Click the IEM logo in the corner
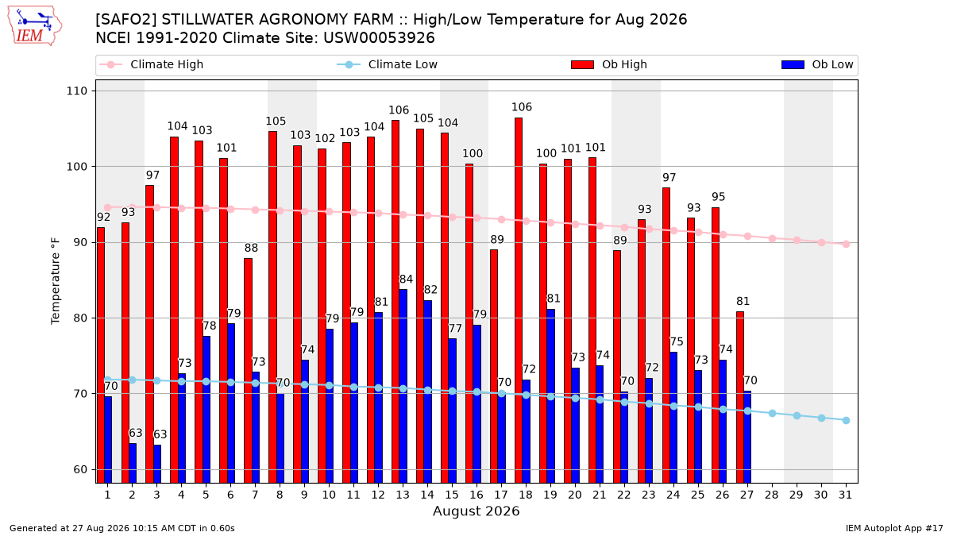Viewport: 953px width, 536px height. (35, 26)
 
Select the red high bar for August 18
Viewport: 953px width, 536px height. (519, 300)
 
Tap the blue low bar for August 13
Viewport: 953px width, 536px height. (403, 386)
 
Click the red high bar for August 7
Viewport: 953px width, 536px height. (248, 371)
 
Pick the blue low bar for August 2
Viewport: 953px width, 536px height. (133, 463)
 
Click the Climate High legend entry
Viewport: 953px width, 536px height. (151, 64)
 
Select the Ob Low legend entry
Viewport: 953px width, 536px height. (817, 64)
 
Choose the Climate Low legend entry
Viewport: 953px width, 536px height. (388, 64)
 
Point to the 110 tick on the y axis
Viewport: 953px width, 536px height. (76, 91)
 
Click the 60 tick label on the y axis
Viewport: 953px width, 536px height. (80, 469)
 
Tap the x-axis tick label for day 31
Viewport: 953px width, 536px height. (845, 496)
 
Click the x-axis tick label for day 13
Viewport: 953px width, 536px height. (403, 496)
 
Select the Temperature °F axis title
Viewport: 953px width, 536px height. (56, 281)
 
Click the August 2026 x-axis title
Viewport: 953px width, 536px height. (476, 511)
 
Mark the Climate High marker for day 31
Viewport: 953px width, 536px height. (846, 245)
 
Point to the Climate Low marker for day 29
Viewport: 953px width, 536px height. (797, 415)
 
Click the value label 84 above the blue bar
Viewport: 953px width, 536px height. (406, 280)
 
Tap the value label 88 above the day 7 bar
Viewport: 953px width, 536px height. (251, 248)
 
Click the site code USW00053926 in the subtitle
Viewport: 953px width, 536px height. (379, 38)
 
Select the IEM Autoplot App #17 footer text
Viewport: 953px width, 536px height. (894, 528)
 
